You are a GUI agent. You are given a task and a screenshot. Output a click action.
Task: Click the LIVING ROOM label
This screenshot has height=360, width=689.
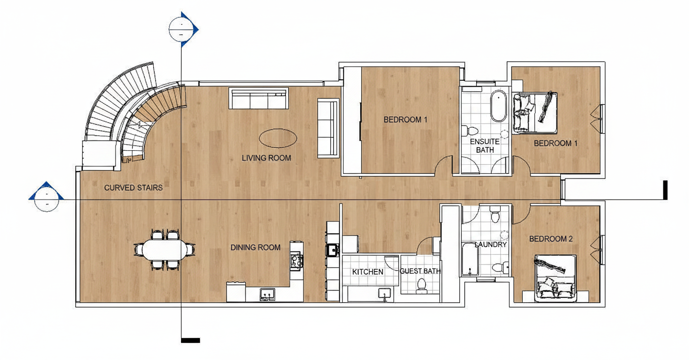click(x=266, y=158)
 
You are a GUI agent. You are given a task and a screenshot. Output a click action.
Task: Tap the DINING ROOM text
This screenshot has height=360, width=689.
click(x=255, y=247)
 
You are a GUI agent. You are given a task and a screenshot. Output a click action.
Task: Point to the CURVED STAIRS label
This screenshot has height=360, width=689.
click(x=133, y=188)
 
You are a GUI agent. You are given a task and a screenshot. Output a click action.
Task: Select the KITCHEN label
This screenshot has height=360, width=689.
click(x=367, y=272)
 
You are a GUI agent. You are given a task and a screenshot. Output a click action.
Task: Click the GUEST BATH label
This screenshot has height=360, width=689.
click(x=420, y=271)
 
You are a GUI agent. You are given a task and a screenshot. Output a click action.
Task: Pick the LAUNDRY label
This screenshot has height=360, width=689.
click(x=491, y=245)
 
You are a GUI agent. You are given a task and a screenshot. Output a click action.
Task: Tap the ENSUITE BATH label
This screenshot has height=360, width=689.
click(x=485, y=146)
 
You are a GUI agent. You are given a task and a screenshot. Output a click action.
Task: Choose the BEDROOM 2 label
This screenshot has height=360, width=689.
click(x=551, y=239)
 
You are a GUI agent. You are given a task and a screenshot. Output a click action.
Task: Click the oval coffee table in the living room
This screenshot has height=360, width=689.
click(x=278, y=138)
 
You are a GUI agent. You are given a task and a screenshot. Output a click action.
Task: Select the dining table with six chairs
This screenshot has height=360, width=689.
click(x=164, y=249)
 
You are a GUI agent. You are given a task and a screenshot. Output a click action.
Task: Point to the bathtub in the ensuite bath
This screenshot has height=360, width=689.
click(x=498, y=106)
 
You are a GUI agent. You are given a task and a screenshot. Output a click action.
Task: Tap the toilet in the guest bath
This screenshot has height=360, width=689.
click(x=421, y=285)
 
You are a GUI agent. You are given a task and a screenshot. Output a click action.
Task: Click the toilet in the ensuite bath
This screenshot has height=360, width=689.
click(x=469, y=130)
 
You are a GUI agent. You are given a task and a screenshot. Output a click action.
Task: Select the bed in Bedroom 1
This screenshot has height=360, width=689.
click(x=535, y=113)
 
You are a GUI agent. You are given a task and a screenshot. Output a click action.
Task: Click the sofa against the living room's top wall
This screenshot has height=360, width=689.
click(x=258, y=98)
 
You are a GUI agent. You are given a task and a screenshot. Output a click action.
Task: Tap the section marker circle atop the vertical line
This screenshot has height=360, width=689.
click(x=181, y=29)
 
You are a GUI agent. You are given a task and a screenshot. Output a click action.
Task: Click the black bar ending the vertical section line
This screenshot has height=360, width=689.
click(x=190, y=340)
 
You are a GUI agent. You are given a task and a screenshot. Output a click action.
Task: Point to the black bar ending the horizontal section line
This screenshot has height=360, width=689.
click(x=666, y=190)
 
